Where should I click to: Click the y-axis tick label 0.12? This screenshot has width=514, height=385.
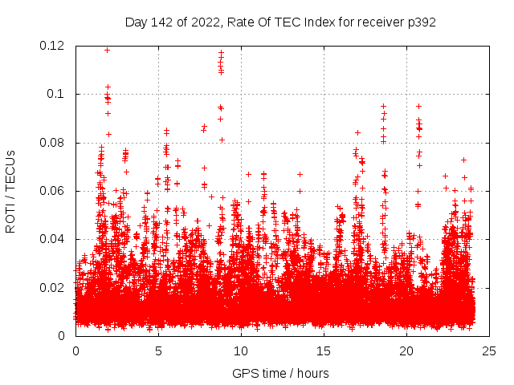[x=53, y=46]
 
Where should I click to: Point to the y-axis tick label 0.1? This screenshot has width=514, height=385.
[x=58, y=94]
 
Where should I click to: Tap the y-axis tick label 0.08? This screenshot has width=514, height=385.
[x=53, y=143]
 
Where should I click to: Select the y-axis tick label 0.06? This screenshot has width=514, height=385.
[x=53, y=191]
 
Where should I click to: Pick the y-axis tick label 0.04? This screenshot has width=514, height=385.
[x=53, y=239]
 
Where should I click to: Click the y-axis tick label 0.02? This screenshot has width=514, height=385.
[x=53, y=287]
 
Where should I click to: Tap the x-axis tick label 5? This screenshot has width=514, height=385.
[x=158, y=351]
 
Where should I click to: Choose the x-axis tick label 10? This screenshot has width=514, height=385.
[x=241, y=351]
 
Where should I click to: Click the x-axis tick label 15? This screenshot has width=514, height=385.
[x=324, y=351]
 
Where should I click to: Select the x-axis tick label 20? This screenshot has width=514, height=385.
[x=406, y=351]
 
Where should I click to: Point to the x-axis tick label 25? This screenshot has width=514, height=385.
[x=489, y=351]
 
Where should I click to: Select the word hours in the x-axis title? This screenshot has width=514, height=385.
[x=312, y=373]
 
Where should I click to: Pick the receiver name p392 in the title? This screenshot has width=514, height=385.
[x=422, y=22]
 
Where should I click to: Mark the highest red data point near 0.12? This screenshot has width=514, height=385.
[x=107, y=50]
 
